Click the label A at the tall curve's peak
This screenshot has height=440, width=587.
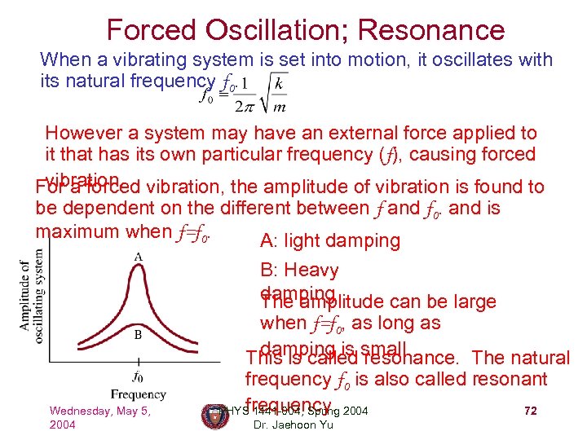point(139,257)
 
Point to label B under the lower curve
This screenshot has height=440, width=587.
point(139,334)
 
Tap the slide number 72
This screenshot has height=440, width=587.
point(530,411)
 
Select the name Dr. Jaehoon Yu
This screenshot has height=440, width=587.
point(293,425)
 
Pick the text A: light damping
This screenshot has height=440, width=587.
point(329,240)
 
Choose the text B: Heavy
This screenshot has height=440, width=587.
point(299,270)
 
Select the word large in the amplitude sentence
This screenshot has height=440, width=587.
point(473,301)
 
